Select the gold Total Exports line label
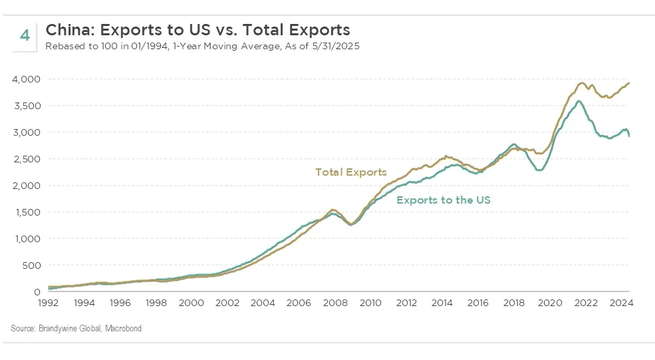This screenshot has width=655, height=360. pyautogui.click(x=350, y=172)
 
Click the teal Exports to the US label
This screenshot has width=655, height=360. pyautogui.click(x=443, y=200)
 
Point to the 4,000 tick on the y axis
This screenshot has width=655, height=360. pyautogui.click(x=27, y=79)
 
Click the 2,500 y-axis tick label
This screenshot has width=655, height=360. pyautogui.click(x=27, y=159)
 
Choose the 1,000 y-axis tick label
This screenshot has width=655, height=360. pyautogui.click(x=27, y=239)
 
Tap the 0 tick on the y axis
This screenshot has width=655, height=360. pyautogui.click(x=37, y=292)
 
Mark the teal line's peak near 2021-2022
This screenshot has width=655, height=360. pyautogui.click(x=579, y=101)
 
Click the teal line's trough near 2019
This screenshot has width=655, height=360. pyautogui.click(x=539, y=170)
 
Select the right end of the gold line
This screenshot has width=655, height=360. pyautogui.click(x=629, y=83)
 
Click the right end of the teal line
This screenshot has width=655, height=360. pyautogui.click(x=630, y=136)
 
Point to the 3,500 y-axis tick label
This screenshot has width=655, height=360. pyautogui.click(x=27, y=106)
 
